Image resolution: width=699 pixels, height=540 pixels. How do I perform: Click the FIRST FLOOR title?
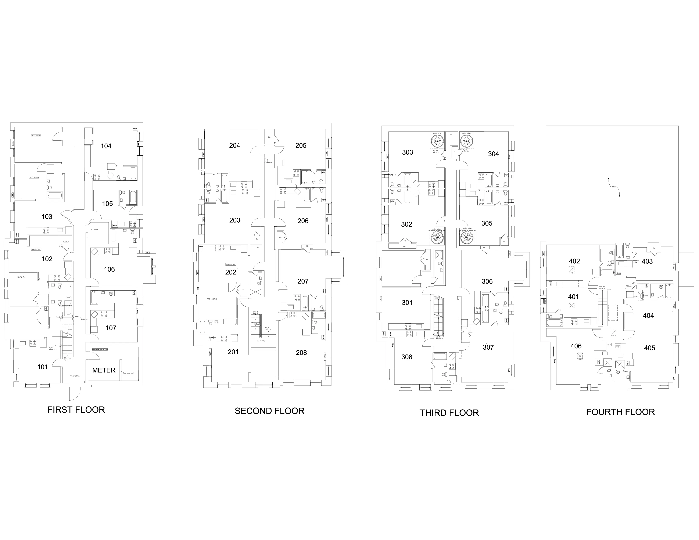76,410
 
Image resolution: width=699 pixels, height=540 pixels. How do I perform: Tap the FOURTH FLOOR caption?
620,412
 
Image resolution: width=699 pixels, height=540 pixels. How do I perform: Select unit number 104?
106,146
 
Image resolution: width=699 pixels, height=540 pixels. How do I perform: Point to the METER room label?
104,370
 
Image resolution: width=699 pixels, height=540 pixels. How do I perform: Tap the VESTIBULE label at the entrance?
75,376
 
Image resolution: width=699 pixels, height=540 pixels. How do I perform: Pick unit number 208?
301,353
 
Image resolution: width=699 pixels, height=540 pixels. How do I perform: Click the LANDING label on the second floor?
261,341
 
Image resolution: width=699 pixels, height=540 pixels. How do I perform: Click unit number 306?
487,281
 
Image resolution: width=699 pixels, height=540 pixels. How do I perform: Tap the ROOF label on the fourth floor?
614,187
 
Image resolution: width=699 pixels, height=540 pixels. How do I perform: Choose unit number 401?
573,297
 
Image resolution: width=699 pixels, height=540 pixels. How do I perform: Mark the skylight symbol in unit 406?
580,355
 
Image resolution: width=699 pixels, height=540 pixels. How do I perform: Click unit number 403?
647,261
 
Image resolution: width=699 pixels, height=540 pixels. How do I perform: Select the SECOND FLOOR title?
269,411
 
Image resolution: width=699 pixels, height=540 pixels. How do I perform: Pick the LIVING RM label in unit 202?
231,264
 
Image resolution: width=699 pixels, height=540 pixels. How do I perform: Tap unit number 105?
108,204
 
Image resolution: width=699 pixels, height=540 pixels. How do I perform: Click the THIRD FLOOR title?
449,413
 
